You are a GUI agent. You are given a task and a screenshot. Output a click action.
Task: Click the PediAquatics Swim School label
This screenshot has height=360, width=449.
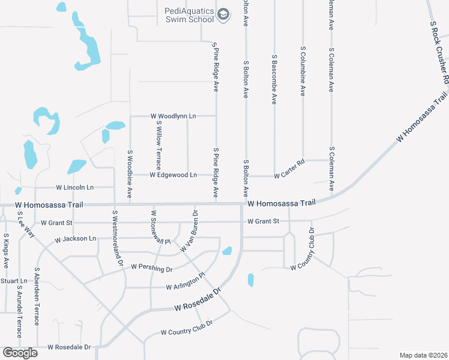[189, 15]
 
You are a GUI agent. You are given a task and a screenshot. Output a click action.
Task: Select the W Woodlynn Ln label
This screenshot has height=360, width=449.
[173, 115]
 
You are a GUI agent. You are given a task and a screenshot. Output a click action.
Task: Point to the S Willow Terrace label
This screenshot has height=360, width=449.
[159, 144]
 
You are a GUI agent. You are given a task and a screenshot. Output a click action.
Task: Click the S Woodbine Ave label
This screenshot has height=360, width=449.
[130, 175]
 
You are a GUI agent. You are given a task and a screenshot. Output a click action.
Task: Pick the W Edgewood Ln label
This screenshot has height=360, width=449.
[173, 175]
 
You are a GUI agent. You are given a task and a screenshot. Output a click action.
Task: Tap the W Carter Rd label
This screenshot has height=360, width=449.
[289, 176]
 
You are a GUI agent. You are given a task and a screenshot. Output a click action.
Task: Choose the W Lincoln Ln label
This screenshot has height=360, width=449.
[75, 188]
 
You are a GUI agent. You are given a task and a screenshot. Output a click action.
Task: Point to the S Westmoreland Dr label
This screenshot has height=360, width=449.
[118, 238]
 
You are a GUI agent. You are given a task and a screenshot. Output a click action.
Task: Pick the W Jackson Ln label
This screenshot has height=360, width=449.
[75, 239]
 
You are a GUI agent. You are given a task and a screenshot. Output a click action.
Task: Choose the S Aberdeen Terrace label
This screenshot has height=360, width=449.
[37, 296]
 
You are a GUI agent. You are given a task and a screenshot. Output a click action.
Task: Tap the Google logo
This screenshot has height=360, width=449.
[20, 353]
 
